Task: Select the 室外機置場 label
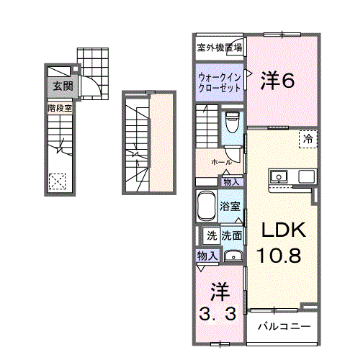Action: click(x=219, y=48)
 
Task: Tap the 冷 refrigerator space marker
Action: click(x=308, y=138)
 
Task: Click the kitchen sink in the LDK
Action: click(x=278, y=176)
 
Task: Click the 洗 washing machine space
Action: click(x=212, y=235)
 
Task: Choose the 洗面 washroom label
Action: click(x=231, y=235)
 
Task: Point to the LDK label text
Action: click(x=284, y=230)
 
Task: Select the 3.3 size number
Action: click(x=219, y=315)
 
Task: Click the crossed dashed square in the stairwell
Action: click(x=58, y=182)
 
